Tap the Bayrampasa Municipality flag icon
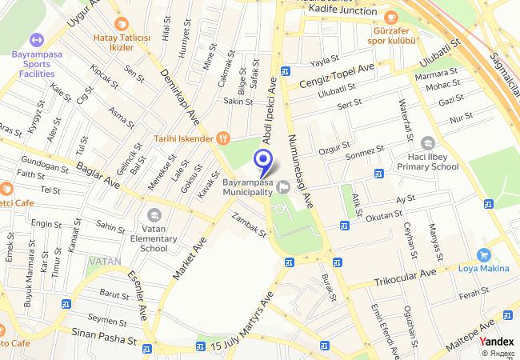point(285,188)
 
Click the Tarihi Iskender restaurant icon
point(223,138)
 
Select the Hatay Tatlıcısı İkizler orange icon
point(122,24)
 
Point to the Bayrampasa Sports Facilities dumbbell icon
point(35,39)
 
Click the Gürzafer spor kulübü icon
point(390,17)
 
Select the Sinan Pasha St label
point(104,335)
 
